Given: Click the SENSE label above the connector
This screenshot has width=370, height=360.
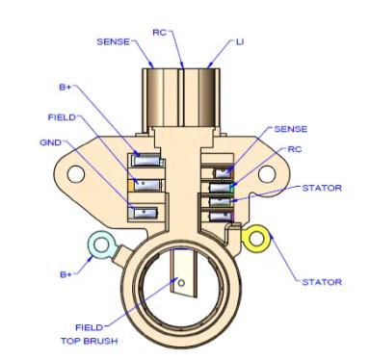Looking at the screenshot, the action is pyautogui.click(x=114, y=41).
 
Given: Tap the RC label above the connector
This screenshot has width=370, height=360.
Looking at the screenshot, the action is pyautogui.click(x=160, y=33).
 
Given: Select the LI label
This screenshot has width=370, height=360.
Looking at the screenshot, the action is pyautogui.click(x=240, y=42).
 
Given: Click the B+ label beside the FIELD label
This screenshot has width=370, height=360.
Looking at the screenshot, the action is pyautogui.click(x=66, y=87).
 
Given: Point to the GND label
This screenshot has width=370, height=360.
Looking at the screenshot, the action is pyautogui.click(x=50, y=142).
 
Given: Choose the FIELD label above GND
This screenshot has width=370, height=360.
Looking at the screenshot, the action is pyautogui.click(x=62, y=117).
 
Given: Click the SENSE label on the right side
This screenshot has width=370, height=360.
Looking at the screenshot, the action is pyautogui.click(x=291, y=129).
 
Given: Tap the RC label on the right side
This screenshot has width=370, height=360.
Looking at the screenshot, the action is pyautogui.click(x=295, y=149).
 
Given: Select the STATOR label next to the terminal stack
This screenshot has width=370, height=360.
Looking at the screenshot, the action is pyautogui.click(x=322, y=188).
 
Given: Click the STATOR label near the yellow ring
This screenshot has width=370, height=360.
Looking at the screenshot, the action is pyautogui.click(x=322, y=282).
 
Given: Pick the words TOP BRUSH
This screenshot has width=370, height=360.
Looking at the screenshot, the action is pyautogui.click(x=90, y=341).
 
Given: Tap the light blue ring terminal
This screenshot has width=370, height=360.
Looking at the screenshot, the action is pyautogui.click(x=101, y=245).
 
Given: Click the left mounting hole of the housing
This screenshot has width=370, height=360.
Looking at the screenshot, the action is pyautogui.click(x=76, y=174).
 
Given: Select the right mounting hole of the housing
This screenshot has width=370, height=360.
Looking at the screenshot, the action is pyautogui.click(x=267, y=174).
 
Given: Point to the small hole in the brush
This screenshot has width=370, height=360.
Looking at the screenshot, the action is pyautogui.click(x=181, y=283).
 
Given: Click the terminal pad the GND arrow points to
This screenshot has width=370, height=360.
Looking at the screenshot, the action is pyautogui.click(x=145, y=213).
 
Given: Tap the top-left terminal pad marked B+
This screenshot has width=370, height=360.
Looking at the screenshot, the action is pyautogui.click(x=146, y=160).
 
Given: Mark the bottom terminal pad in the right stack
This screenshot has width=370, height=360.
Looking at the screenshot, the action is pyautogui.click(x=221, y=216).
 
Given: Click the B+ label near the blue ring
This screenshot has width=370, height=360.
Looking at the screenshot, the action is pyautogui.click(x=66, y=274).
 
